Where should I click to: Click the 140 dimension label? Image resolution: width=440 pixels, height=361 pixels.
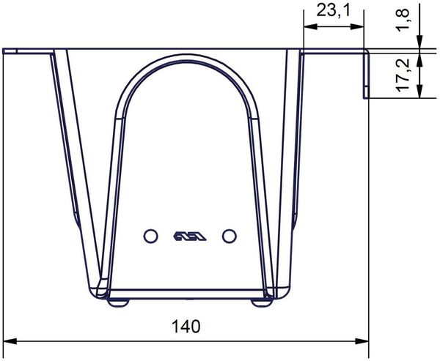[186, 327]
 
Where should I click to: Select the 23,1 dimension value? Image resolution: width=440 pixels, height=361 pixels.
[334, 11]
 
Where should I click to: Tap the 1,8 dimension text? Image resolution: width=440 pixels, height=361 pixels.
[403, 21]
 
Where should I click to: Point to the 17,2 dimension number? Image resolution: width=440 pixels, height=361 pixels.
[403, 75]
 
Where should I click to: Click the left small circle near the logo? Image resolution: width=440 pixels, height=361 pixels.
[150, 236]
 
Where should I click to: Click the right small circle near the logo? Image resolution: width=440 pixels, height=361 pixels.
[230, 236]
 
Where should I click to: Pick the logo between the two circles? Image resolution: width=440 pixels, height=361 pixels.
[190, 236]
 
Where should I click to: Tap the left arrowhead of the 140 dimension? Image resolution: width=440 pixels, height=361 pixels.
[10, 341]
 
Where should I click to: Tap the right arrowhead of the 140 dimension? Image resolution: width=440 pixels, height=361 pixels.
[362, 341]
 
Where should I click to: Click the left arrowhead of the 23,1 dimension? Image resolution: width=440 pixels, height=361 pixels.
[310, 26]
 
